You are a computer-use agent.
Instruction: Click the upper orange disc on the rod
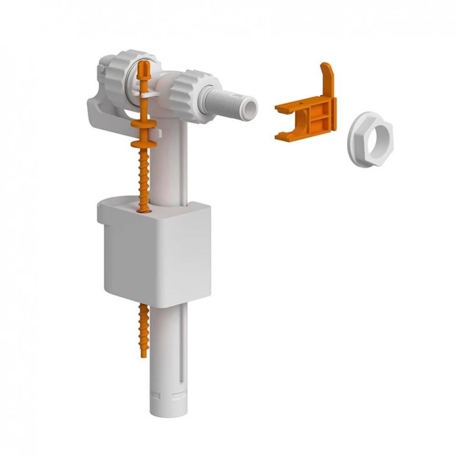click(143, 124)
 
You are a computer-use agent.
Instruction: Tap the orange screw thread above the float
click(144, 178)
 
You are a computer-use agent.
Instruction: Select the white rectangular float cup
click(155, 255)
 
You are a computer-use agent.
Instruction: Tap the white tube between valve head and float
click(171, 164)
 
